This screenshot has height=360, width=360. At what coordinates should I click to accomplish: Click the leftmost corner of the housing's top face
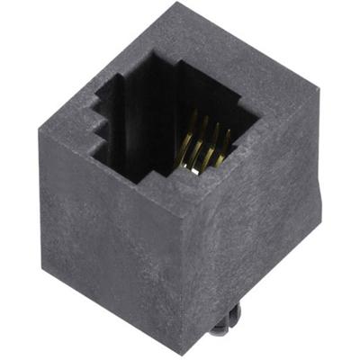coord(37,129)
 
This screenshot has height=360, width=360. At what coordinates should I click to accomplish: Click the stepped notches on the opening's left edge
coord(94,126)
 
